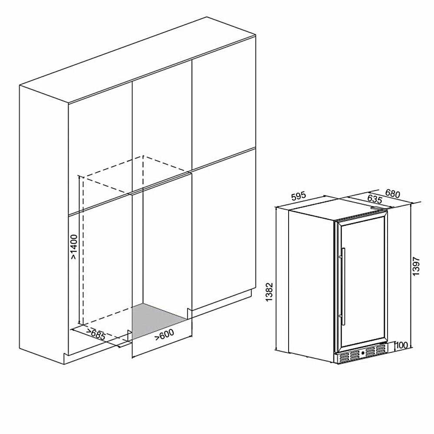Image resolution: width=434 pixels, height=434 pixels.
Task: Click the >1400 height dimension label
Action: pos(74,247)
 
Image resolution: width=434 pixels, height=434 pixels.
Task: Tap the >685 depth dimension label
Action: pos(96,335)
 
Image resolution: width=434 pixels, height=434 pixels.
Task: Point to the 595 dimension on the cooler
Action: pos(299,196)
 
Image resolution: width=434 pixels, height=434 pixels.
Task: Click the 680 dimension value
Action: pos(392,194)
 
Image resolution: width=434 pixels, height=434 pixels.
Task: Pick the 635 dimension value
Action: pos(375,199)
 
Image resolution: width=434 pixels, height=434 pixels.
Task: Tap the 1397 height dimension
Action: pos(416,266)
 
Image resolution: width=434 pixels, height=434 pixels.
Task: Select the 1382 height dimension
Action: pos(269,292)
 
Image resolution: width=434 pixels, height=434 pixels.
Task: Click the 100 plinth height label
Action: pos(402,345)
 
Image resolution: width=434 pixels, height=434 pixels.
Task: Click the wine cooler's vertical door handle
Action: pos(343,286)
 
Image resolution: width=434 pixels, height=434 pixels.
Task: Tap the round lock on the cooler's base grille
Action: pos(362,353)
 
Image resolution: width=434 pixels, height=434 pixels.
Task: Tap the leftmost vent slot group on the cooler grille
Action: pos(345,357)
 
